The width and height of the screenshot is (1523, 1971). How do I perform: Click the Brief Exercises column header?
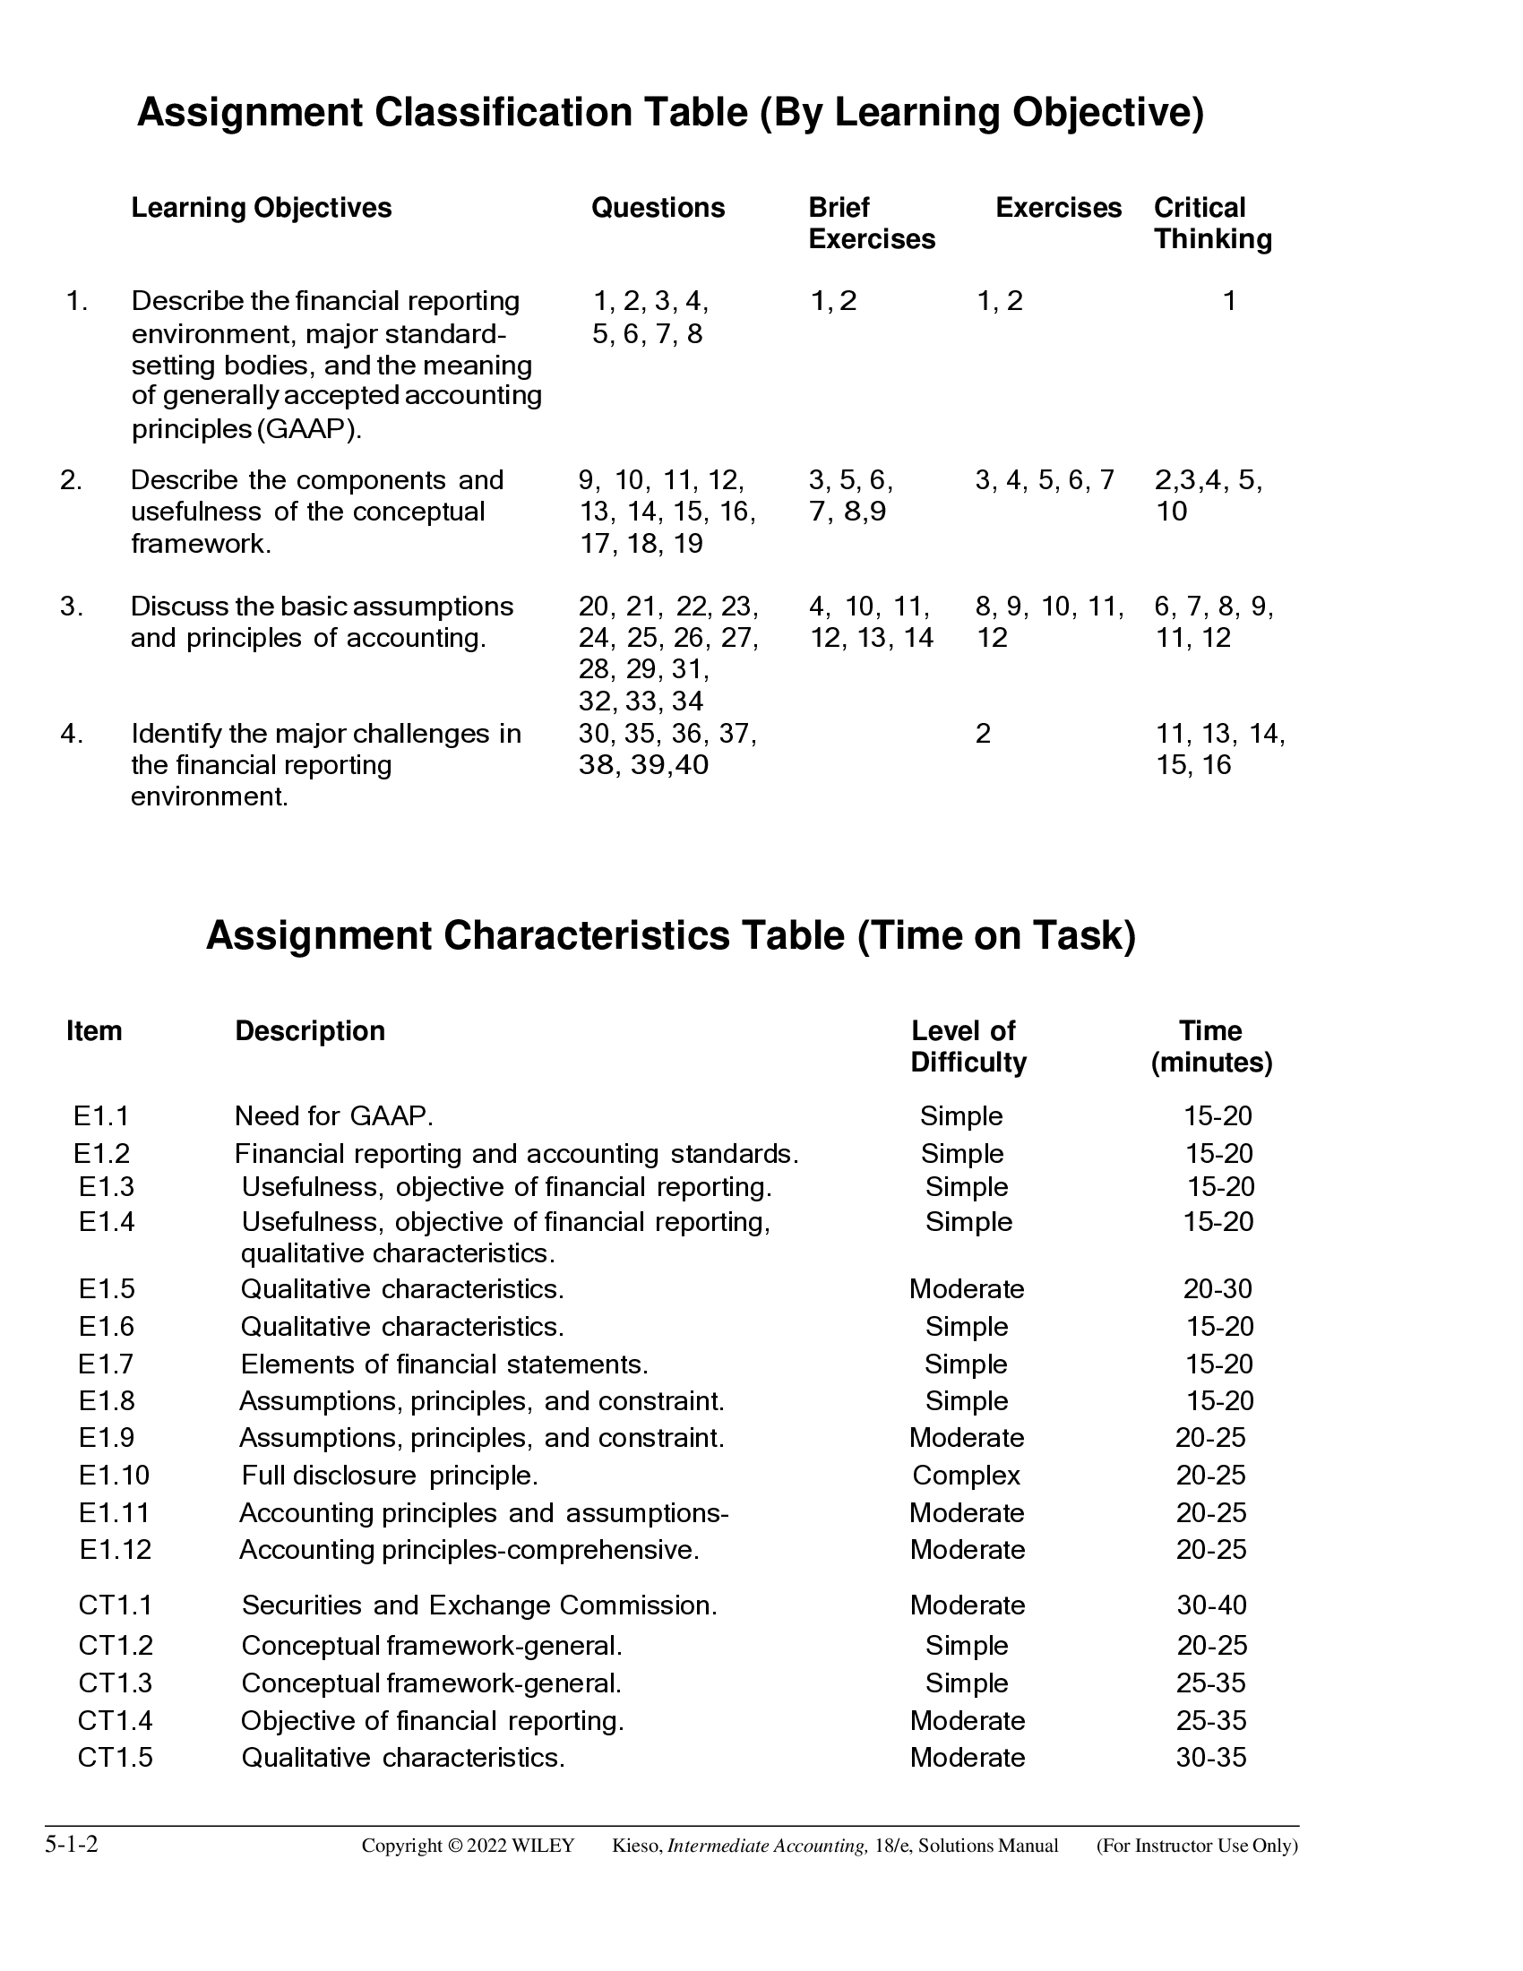coord(871,223)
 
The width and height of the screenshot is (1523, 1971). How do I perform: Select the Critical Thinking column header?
coord(1212,223)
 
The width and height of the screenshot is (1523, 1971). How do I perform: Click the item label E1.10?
coord(114,1476)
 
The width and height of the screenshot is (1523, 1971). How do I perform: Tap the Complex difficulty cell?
coord(966,1476)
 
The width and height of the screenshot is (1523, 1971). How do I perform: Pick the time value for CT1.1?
coord(1211,1605)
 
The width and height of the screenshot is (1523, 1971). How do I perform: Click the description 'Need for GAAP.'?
coord(334,1116)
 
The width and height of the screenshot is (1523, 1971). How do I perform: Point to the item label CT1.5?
coord(115,1757)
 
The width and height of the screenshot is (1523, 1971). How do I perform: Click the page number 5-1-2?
coord(72,1844)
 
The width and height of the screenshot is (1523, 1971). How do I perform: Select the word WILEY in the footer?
coord(542,1846)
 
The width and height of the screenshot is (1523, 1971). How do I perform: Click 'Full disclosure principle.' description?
coord(390,1476)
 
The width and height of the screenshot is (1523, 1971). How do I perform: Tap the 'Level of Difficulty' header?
coord(968,1046)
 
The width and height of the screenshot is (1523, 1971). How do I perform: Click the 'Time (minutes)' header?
coord(1211,1046)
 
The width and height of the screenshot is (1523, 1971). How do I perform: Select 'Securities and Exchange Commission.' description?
coord(479,1605)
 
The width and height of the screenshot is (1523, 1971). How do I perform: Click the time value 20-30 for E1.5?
coord(1218,1288)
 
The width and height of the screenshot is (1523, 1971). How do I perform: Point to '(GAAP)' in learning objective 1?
coord(308,429)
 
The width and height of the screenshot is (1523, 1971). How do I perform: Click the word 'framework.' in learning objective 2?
coord(202,544)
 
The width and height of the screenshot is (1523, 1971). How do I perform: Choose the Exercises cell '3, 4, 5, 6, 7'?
coord(1044,480)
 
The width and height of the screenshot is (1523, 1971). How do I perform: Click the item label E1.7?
coord(106,1364)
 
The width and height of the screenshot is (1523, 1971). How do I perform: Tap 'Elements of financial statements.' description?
coord(443,1364)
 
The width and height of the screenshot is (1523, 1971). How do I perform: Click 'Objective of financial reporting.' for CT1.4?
coord(432,1720)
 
